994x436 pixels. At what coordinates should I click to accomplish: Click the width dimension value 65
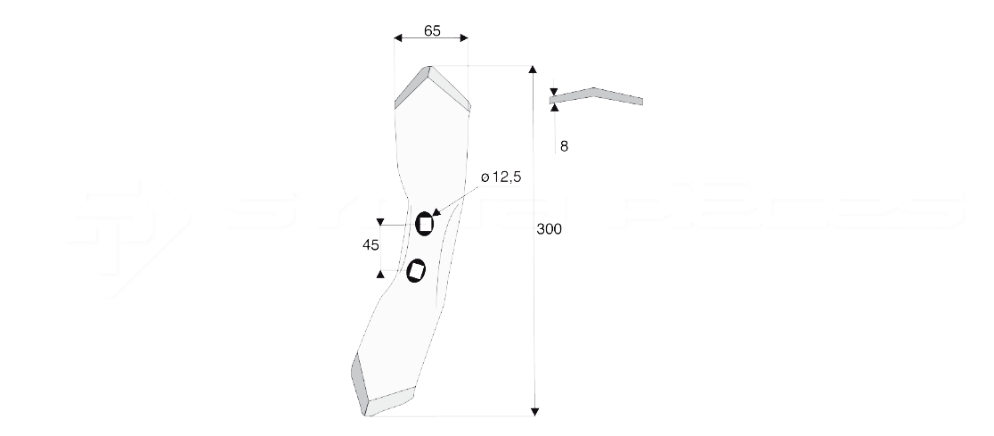coord(431,30)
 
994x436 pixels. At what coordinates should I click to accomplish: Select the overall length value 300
coord(550,229)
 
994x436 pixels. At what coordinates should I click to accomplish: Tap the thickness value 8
coord(564,146)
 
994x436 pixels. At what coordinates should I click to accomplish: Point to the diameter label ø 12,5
coord(500,178)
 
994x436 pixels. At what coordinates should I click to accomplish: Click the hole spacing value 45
coord(371,245)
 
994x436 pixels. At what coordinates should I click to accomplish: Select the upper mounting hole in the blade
coord(425,224)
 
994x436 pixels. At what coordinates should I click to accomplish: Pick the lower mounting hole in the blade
coord(416,271)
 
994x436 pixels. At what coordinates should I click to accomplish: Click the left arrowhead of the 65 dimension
coord(399,38)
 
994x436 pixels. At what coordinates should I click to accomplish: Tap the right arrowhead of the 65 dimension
coord(463,38)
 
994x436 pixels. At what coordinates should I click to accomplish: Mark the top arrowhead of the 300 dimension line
coord(534,70)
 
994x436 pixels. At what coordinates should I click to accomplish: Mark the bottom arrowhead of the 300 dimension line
coord(534,410)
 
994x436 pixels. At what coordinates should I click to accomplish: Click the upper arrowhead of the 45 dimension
coord(380,222)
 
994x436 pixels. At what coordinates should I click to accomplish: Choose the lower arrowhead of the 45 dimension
coord(380,271)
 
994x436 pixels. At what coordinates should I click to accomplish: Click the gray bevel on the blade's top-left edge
coord(411,86)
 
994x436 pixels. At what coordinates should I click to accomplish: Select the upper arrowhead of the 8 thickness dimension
coord(554,91)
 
